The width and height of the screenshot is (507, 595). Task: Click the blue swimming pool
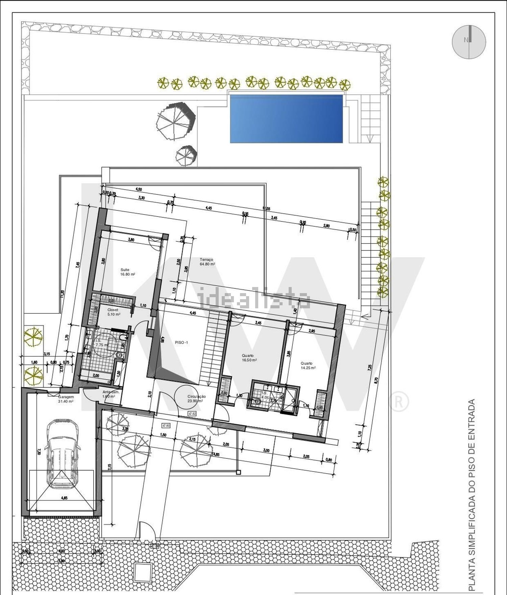(286, 118)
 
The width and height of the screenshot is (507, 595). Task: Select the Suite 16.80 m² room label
(127, 272)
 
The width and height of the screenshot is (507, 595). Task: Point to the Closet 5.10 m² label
(114, 312)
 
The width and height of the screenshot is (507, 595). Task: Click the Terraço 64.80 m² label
(208, 262)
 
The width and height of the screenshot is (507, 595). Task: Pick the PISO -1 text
(182, 342)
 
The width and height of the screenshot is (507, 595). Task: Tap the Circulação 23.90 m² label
(196, 399)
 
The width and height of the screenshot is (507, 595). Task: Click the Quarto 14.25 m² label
(308, 365)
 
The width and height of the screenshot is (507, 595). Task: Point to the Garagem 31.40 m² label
(66, 399)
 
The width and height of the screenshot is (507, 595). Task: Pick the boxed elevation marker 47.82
(192, 413)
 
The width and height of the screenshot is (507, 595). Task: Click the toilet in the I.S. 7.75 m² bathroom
(119, 355)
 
